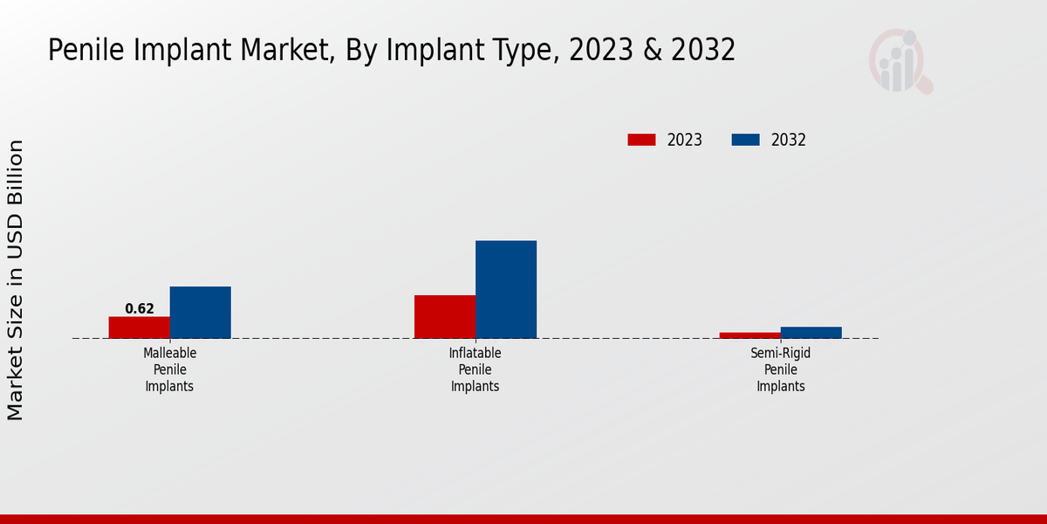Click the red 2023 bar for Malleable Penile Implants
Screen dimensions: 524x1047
click(139, 327)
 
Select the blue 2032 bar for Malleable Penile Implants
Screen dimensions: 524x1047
click(200, 312)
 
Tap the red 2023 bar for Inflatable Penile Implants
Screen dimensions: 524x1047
click(445, 316)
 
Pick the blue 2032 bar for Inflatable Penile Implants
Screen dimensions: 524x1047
click(506, 289)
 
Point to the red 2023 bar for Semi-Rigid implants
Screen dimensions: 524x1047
click(749, 335)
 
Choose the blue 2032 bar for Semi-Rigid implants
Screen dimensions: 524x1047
click(811, 333)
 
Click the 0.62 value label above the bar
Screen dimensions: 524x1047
click(140, 308)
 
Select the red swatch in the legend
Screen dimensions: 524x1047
click(641, 140)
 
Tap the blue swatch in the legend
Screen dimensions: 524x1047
click(745, 140)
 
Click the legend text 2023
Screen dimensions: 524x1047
click(685, 140)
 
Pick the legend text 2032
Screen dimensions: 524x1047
click(789, 140)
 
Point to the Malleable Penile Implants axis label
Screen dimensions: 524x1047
click(169, 369)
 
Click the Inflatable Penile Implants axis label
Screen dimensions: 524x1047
click(475, 369)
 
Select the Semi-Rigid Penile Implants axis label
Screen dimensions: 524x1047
click(780, 369)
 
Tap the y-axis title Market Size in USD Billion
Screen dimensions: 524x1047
click(17, 279)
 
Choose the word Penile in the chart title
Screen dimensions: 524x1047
click(85, 51)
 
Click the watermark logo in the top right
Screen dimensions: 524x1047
click(900, 61)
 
